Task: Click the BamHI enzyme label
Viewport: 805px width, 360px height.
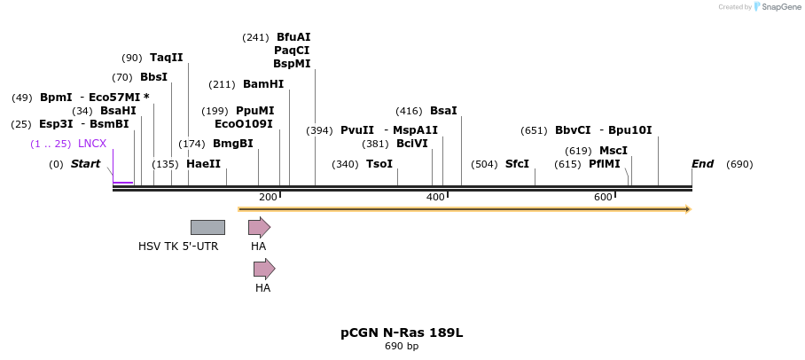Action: tap(263, 84)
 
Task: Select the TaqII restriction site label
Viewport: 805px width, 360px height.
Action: tap(166, 58)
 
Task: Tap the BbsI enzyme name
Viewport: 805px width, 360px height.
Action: tap(153, 77)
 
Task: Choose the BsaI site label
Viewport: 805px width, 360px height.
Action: tap(443, 111)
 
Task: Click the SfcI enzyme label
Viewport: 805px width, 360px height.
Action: tap(517, 164)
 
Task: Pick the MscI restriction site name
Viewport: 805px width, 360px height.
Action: tap(613, 151)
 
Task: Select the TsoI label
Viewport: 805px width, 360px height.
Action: tap(379, 164)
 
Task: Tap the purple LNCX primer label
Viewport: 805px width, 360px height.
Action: tap(92, 144)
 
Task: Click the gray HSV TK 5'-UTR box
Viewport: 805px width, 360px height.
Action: tap(207, 227)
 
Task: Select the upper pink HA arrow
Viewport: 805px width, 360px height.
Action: tap(259, 227)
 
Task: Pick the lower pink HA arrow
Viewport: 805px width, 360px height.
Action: tap(264, 269)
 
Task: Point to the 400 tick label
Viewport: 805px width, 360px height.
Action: tap(435, 196)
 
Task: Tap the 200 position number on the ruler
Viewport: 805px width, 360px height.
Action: tap(268, 196)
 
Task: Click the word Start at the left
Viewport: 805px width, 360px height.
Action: tap(85, 164)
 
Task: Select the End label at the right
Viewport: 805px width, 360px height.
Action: tap(702, 164)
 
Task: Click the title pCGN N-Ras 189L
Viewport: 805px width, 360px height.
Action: tap(402, 333)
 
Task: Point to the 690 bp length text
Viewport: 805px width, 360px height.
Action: tap(402, 347)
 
